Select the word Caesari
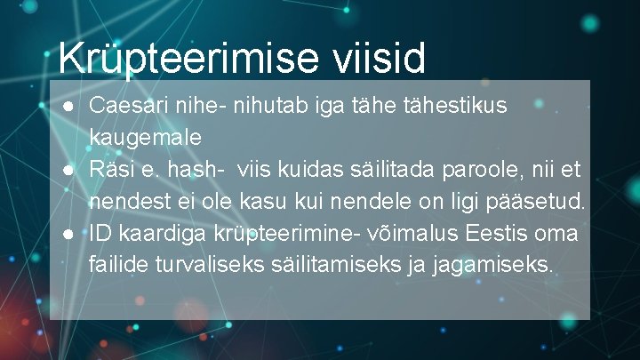123,106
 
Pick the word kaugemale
145,138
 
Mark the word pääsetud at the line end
544,202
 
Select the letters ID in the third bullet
100,233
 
